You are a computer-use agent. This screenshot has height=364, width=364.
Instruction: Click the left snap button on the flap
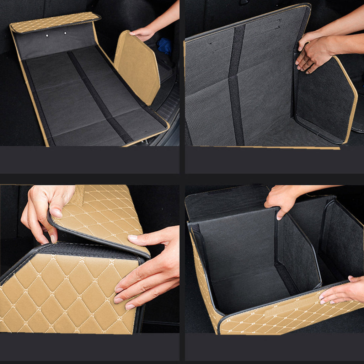(47, 36)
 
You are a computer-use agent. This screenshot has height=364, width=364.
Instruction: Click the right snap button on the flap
(65, 33)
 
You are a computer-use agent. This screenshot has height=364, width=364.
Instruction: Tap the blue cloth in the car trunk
(164, 46)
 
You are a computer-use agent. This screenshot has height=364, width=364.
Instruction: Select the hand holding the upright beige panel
(143, 33)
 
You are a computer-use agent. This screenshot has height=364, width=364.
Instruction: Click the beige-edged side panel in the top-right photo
(323, 100)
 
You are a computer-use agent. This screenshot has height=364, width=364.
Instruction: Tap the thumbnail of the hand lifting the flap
(56, 213)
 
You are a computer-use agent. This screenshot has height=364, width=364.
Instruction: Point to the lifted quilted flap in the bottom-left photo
(103, 217)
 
